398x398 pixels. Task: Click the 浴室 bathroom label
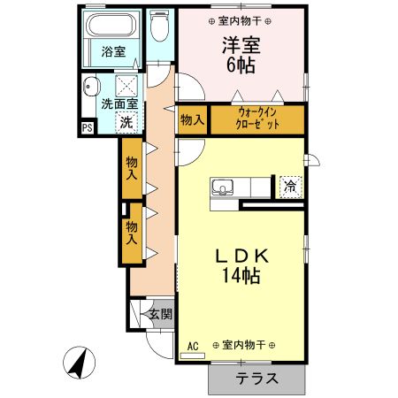(112, 52)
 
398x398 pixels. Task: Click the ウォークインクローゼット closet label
(257, 119)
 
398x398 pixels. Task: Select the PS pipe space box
(87, 126)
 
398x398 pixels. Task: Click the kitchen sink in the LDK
(222, 187)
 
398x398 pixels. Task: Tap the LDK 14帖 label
(241, 266)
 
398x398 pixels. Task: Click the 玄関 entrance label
(160, 313)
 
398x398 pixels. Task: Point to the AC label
(192, 346)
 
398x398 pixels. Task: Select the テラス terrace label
(257, 379)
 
